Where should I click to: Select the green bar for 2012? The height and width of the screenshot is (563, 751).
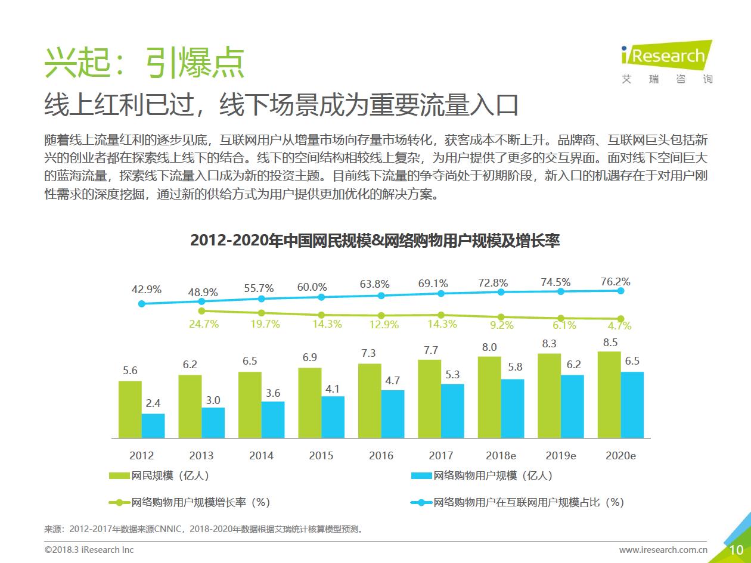coord(130,409)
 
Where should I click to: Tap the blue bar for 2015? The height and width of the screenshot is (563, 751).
coord(333,417)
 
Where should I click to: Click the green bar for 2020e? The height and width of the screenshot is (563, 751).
coord(609,394)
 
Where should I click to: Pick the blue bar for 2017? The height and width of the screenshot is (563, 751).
coord(452,411)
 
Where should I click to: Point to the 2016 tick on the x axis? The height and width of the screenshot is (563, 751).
coord(381,456)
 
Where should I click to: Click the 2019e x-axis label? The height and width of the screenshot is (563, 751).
coord(560,456)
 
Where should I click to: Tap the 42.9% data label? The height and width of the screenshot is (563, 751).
coord(147,290)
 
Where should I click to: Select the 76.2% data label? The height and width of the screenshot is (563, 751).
coord(615,282)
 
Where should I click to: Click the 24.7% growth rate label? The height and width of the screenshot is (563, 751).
coord(204,324)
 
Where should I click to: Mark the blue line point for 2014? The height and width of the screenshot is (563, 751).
coord(261,298)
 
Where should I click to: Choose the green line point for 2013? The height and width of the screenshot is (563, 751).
coord(201,310)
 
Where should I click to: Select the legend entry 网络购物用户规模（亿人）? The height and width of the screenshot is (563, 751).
coord(482,475)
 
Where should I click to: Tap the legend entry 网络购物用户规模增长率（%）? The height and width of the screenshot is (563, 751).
coord(190,502)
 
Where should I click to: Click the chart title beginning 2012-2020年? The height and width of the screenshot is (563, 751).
coord(375,241)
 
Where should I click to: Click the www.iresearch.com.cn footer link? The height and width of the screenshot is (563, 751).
coord(663,550)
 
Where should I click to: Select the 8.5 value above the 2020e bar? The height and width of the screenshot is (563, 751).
coord(610,343)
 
